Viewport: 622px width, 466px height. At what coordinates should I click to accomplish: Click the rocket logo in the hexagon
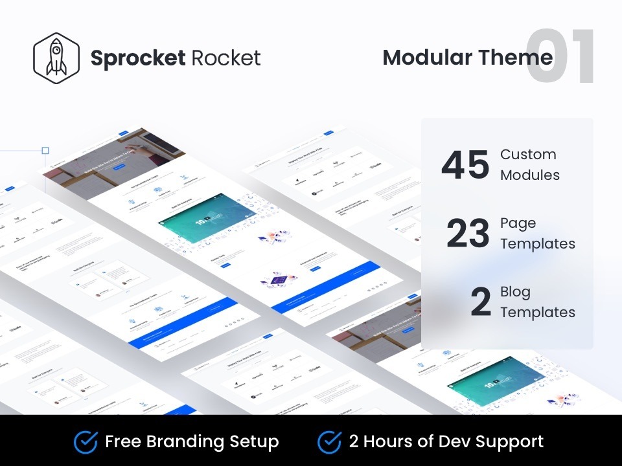pos(56,58)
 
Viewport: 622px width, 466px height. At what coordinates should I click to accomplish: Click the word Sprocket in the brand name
pos(138,58)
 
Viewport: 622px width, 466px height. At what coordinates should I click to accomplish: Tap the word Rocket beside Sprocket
pos(226,58)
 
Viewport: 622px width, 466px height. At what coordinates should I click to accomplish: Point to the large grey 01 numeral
pos(560,57)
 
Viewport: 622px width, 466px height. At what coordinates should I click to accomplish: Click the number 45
pos(465,165)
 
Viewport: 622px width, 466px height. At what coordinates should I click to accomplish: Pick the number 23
pos(468,234)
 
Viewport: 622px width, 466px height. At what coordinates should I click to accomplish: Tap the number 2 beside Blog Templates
pos(480,302)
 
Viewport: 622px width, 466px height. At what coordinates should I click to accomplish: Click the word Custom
pos(528,155)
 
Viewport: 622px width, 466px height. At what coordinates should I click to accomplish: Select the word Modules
pos(530,175)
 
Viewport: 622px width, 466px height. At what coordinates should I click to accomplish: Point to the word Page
pos(518,223)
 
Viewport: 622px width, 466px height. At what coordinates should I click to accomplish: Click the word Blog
pos(515,292)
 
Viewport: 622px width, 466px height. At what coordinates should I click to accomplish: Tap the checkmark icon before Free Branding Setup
pos(86,442)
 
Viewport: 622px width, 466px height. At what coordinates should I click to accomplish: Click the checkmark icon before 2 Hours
pos(329,442)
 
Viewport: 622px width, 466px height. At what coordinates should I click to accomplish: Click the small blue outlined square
pos(45,151)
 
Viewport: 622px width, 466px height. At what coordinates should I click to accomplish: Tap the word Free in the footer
pos(124,442)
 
